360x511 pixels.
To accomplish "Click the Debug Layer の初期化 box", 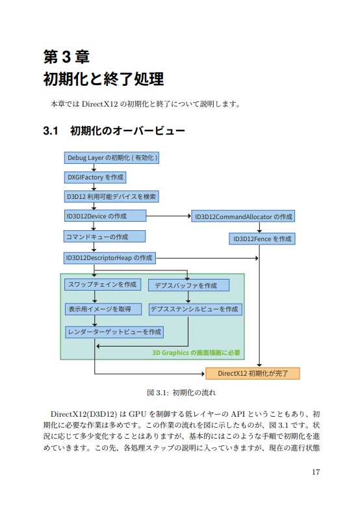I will coord(111,158).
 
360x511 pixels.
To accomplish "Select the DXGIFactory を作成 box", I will coord(95,177).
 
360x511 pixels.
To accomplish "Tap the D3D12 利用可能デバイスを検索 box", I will coord(110,196).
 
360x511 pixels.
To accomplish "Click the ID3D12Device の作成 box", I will coord(105,215).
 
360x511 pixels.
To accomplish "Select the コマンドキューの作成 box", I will coord(104,237).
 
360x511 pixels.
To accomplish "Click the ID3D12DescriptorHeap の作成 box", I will coord(109,258).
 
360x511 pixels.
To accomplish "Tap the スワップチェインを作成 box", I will coord(103,285).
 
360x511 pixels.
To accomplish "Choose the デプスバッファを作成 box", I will coord(188,285).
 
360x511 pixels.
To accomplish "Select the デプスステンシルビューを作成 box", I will coord(195,309).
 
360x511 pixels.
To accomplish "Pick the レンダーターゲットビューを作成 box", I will coord(114,332).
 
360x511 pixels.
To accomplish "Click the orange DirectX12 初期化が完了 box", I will coord(253,373).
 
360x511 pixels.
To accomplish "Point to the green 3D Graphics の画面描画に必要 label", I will coord(196,353).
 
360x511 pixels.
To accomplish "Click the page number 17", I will coord(315,472).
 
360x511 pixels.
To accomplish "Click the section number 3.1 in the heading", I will coord(51,131).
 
